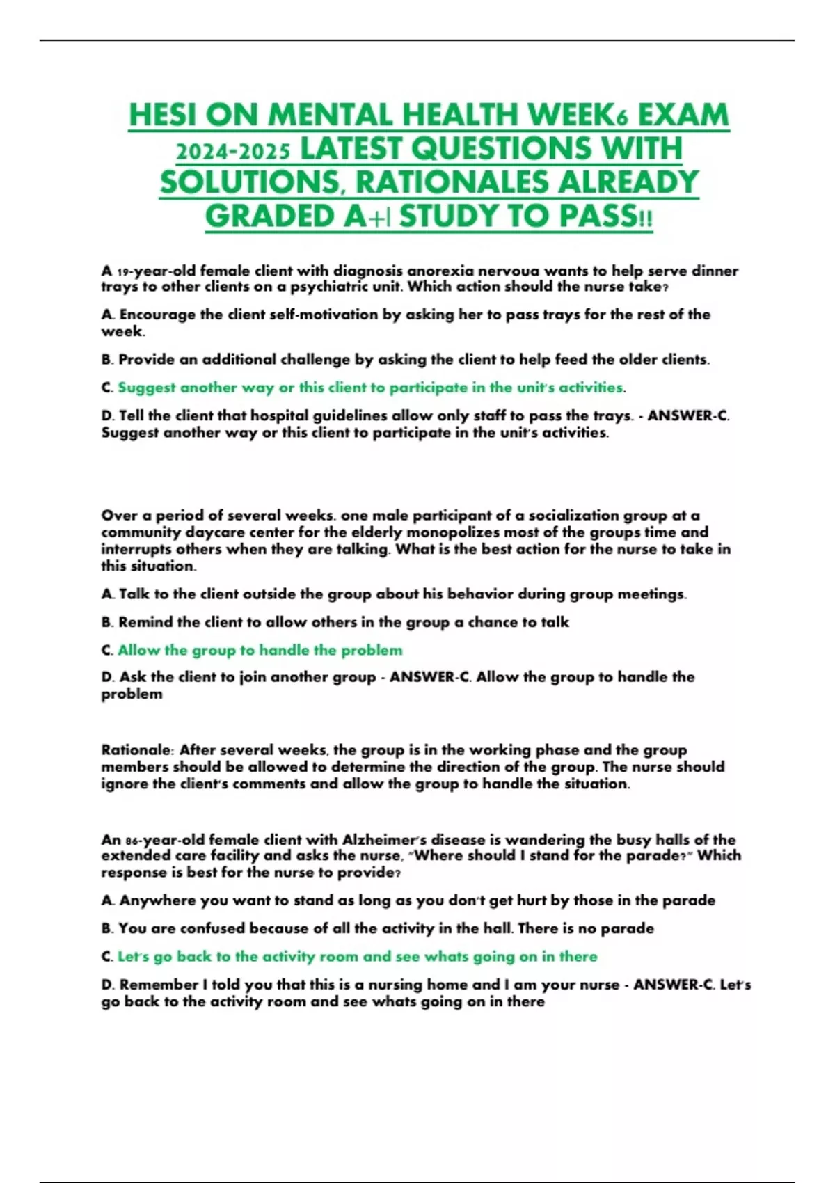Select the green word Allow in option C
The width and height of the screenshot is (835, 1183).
138,650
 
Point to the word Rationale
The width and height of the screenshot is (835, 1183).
136,750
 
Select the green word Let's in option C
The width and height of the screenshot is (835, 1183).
133,957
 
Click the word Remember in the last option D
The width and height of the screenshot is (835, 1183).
157,985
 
